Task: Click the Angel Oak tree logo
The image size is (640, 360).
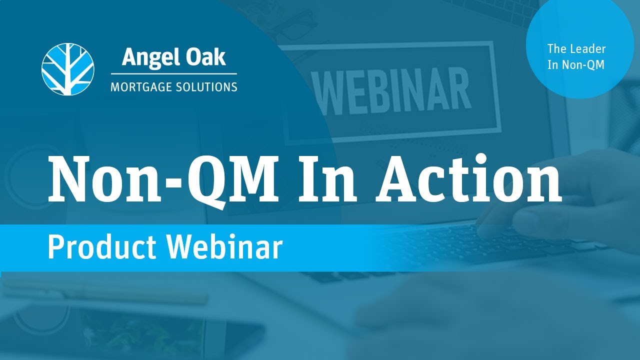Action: [x=67, y=68]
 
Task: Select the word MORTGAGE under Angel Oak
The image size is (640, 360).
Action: [x=141, y=87]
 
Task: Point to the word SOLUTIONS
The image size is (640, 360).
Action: [x=206, y=87]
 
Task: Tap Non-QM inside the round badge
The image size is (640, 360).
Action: [x=583, y=65]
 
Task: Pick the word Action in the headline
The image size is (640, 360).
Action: [x=469, y=178]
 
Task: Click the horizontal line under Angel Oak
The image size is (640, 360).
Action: [x=173, y=74]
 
